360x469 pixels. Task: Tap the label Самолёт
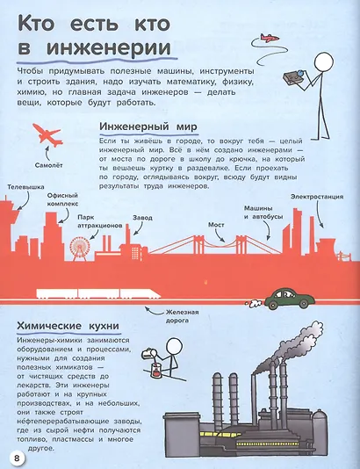point(48,164)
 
